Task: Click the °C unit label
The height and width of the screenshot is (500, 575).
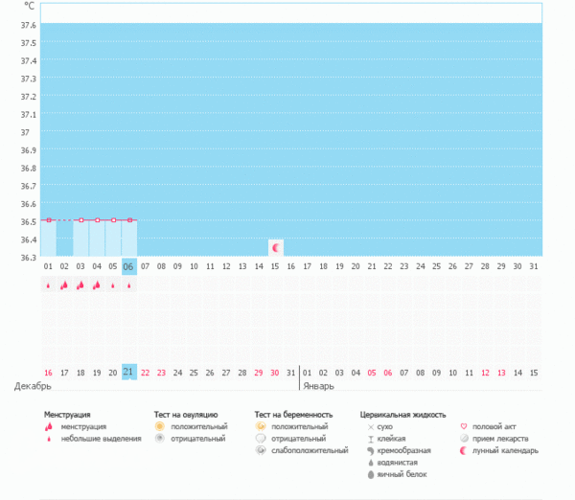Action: click(29, 6)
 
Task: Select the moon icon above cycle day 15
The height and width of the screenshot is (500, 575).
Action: click(276, 247)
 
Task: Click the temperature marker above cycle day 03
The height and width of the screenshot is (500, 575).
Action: click(80, 219)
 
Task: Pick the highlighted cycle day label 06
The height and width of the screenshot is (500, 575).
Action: click(129, 266)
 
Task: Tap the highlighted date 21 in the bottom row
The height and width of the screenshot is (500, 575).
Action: click(129, 372)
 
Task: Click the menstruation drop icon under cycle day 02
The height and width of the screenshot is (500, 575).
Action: click(64, 285)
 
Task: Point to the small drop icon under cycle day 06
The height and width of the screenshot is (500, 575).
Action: click(129, 285)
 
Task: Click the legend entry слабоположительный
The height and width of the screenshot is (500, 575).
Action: click(309, 449)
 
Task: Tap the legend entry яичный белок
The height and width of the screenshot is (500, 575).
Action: click(402, 474)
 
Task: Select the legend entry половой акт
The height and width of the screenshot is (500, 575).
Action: click(498, 426)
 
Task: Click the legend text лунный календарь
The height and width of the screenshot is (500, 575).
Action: click(506, 450)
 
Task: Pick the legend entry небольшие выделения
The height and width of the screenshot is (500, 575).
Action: click(97, 439)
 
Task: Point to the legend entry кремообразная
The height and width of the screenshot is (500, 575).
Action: click(403, 450)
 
